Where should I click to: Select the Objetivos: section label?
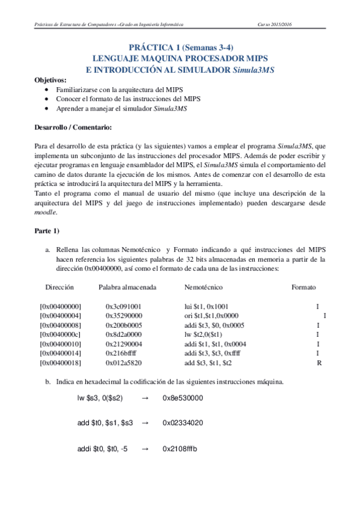click(50, 79)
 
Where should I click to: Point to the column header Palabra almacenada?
click(128, 287)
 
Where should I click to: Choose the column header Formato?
click(304, 287)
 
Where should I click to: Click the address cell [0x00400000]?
click(61, 306)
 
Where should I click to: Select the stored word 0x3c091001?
click(123, 306)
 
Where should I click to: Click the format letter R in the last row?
click(319, 363)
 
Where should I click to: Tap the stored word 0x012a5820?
click(123, 363)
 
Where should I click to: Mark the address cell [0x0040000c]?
click(61, 334)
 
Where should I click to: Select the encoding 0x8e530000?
click(183, 398)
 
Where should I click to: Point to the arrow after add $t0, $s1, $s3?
click(144, 423)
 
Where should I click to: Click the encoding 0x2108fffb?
click(180, 449)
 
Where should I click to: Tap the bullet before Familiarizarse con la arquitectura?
click(47, 89)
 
